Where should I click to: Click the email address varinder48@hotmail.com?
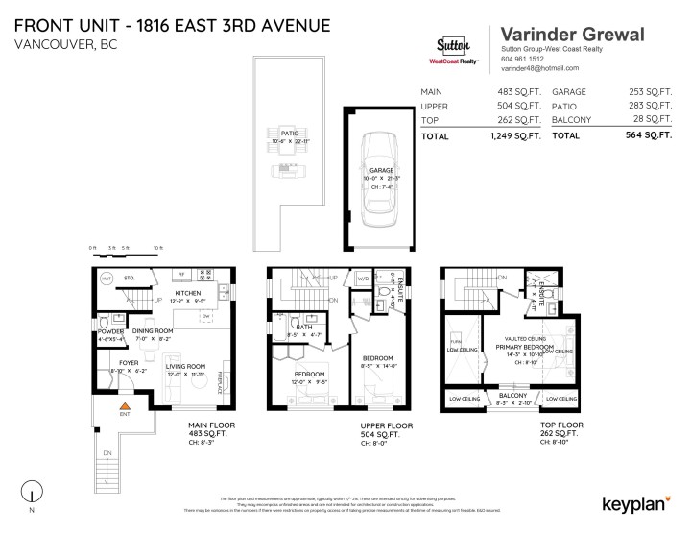(539, 68)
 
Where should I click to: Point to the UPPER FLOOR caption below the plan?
(387, 424)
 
